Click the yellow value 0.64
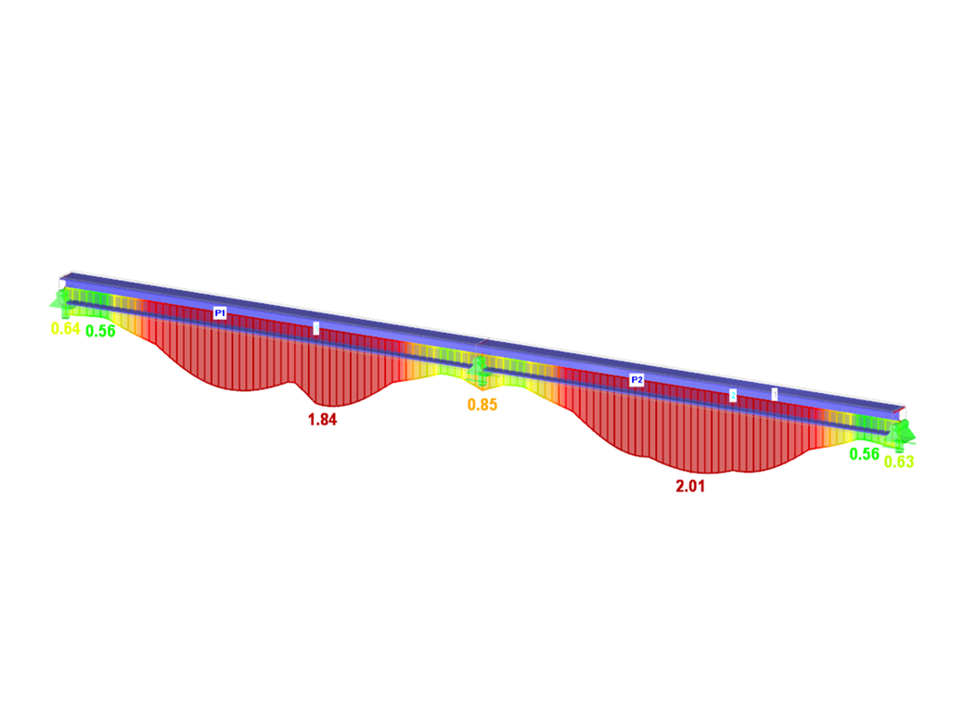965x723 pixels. [65, 328]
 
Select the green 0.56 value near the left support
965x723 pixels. [100, 331]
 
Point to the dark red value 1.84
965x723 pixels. [322, 419]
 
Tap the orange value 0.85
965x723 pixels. [482, 405]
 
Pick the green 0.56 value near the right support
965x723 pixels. [864, 454]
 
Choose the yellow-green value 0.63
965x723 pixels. [899, 462]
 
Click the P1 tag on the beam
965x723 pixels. [220, 313]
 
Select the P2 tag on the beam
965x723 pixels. [637, 380]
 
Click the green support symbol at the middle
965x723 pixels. [479, 373]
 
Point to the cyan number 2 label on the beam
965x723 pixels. [732, 396]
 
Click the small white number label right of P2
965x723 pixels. [775, 393]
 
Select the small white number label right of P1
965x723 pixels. [316, 327]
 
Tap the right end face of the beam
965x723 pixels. [897, 415]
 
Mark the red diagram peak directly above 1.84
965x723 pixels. [322, 404]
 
